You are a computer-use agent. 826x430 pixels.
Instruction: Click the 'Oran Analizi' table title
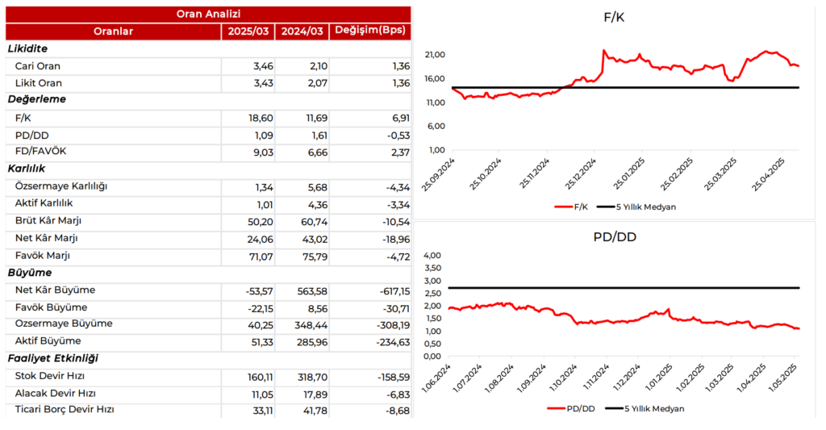click(x=208, y=14)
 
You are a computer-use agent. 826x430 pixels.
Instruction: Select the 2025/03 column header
click(x=248, y=31)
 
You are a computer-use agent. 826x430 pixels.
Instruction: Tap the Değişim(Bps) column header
click(x=370, y=31)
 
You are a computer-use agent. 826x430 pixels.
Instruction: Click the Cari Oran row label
click(x=38, y=66)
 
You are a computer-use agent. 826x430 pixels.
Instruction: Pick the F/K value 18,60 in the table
click(x=261, y=118)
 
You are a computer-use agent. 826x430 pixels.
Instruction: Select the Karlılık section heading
click(x=26, y=169)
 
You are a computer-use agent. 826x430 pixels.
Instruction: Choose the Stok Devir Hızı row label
click(x=50, y=376)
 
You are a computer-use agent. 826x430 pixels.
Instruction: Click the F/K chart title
click(x=614, y=17)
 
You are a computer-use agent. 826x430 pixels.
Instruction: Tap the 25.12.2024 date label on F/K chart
click(x=585, y=173)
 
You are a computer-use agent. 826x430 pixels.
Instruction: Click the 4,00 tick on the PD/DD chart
click(x=432, y=256)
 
